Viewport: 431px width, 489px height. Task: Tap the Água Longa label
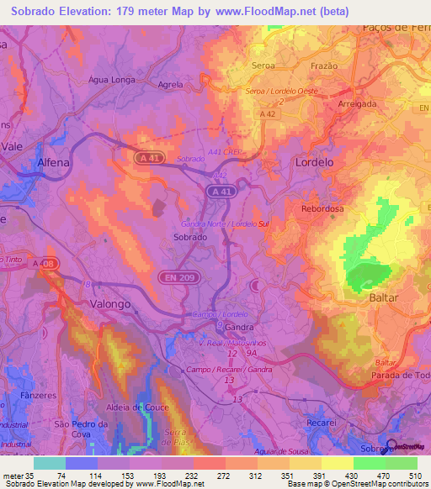[113, 80]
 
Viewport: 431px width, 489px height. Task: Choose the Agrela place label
[171, 85]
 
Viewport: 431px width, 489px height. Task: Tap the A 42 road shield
[268, 113]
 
